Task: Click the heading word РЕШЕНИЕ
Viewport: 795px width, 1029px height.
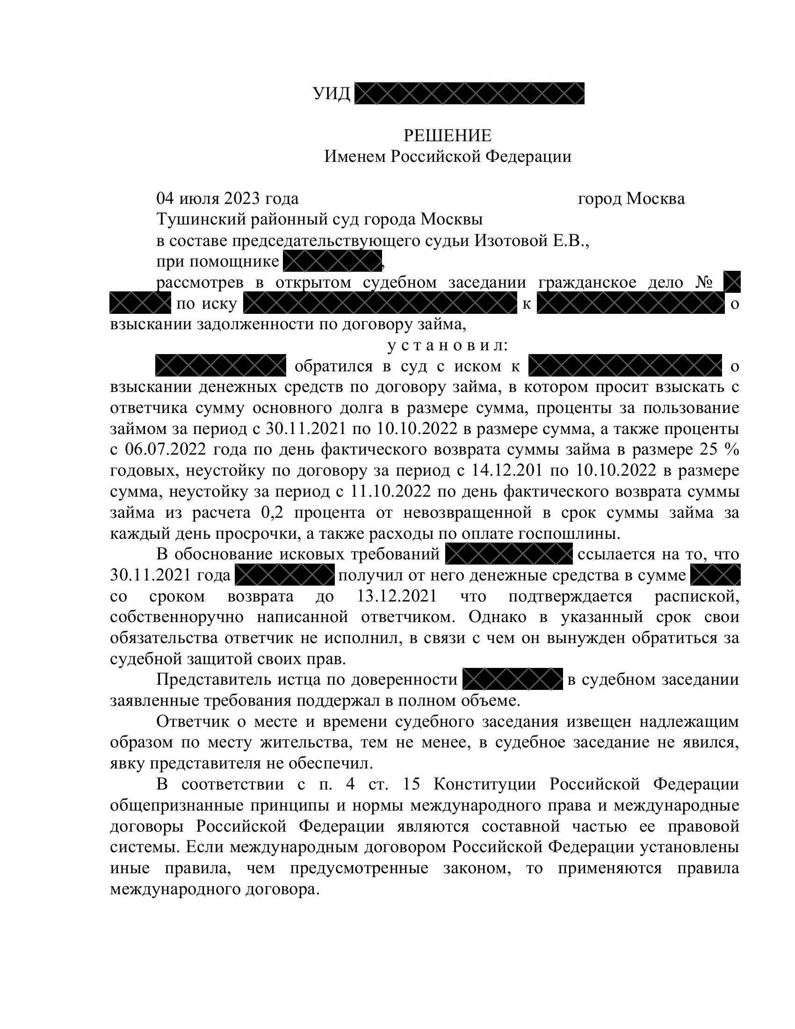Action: pos(447,136)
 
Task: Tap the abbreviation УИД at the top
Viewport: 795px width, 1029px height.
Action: pos(332,94)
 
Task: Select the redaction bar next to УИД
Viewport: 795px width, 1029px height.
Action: pos(469,93)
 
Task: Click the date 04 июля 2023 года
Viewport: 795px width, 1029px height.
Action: pos(227,199)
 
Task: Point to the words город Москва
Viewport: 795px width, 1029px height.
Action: pos(631,199)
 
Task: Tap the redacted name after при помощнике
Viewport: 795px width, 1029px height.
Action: pos(332,261)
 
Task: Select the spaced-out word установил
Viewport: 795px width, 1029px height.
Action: pos(447,345)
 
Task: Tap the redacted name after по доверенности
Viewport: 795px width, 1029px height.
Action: pos(513,679)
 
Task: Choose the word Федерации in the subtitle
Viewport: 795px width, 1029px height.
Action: pos(528,156)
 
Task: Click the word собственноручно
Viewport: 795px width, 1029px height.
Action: pos(177,617)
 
